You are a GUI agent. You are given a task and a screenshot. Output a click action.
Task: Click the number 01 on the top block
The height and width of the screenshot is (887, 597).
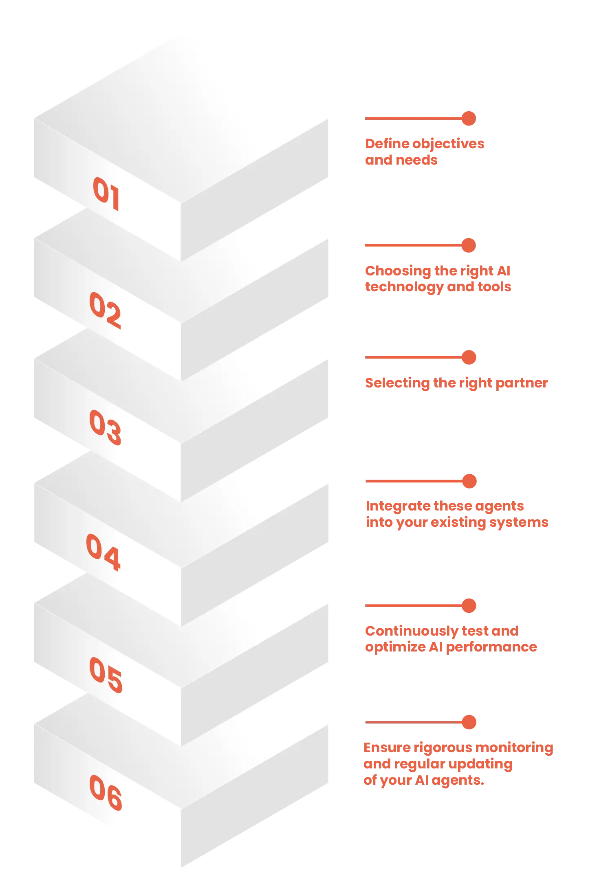click(106, 194)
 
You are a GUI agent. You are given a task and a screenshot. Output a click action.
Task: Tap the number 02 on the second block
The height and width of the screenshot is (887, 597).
click(105, 310)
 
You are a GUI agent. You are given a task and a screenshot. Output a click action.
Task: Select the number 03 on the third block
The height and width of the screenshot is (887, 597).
click(105, 427)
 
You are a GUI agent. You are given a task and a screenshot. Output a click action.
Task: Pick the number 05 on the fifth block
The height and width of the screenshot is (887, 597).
click(106, 674)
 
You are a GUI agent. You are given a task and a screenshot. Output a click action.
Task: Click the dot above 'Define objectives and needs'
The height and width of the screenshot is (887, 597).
click(469, 119)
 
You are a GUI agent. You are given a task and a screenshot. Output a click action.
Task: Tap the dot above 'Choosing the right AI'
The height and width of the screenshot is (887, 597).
click(469, 245)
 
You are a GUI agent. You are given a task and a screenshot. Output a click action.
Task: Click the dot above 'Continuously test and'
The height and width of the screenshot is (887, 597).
click(469, 606)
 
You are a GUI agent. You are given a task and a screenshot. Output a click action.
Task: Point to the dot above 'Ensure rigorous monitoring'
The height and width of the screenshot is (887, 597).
click(469, 722)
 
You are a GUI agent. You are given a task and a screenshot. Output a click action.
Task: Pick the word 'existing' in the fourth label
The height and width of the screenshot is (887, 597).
click(458, 523)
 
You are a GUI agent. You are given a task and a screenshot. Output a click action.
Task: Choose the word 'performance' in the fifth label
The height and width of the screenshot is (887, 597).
click(492, 647)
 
